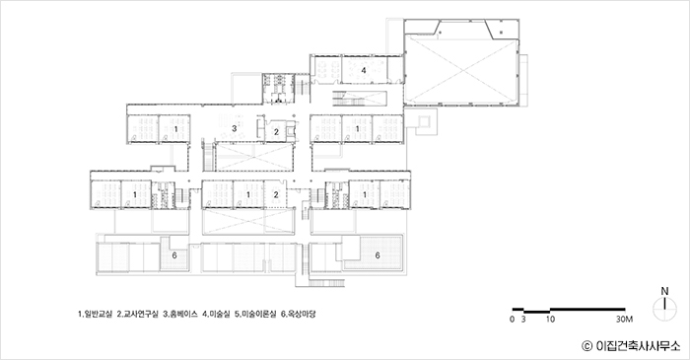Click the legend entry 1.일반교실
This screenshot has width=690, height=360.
click(96, 315)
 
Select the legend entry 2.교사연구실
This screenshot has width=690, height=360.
click(138, 315)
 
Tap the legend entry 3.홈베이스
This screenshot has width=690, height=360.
click(180, 315)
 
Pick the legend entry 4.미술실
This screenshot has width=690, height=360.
click(216, 315)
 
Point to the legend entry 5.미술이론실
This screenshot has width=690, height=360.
click(255, 315)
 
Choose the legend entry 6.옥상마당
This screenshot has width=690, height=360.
click(299, 315)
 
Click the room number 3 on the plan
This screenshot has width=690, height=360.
click(235, 128)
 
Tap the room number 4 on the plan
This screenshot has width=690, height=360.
click(364, 70)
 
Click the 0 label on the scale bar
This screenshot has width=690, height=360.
click(513, 320)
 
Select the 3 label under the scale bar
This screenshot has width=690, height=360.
click(523, 320)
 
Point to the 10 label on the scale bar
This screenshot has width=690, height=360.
click(550, 320)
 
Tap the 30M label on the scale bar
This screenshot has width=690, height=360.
click(624, 320)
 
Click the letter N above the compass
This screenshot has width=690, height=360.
click(665, 291)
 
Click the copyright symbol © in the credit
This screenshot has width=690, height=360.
click(586, 346)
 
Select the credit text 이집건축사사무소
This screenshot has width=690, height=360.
click(638, 346)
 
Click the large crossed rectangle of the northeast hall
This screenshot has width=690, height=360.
click(460, 71)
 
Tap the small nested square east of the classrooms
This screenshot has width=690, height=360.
click(424, 121)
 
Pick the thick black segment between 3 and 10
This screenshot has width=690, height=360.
click(537, 312)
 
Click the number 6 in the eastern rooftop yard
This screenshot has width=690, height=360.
click(378, 255)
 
